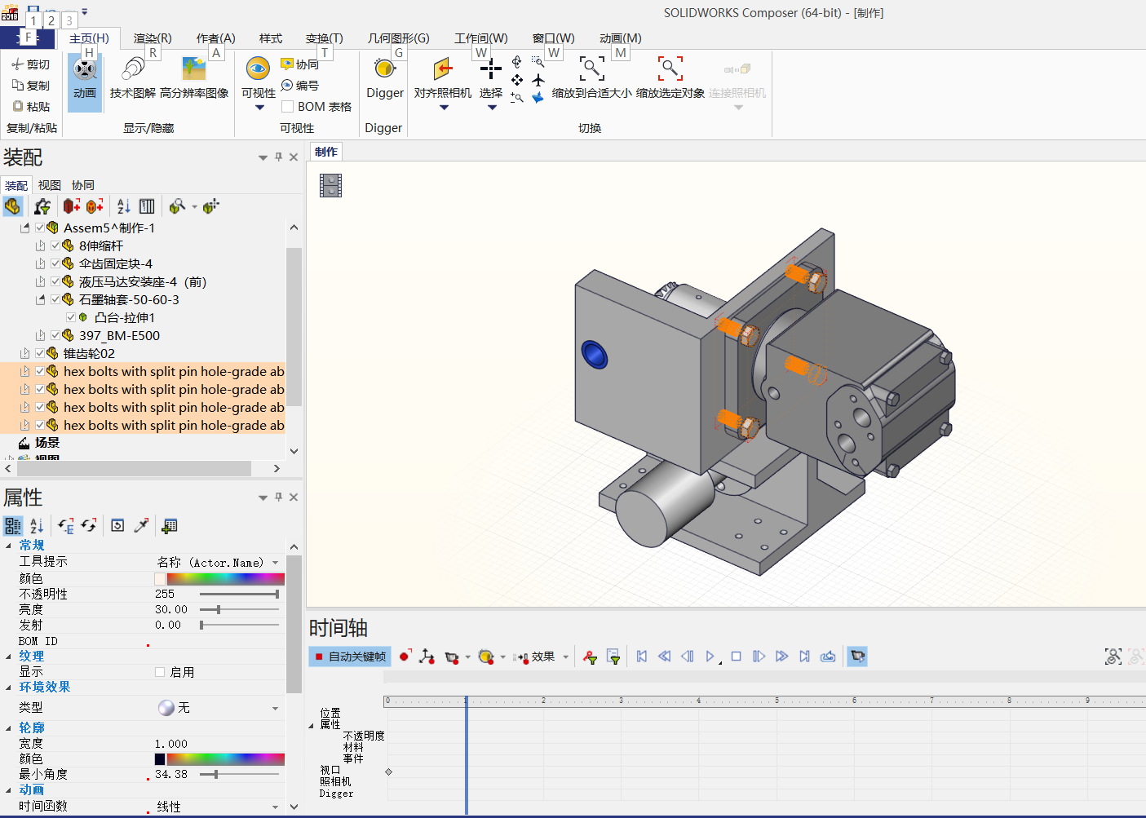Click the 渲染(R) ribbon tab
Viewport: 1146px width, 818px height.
(x=153, y=38)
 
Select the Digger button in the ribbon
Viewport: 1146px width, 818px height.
(x=384, y=79)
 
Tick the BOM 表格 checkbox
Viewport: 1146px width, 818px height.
(x=288, y=107)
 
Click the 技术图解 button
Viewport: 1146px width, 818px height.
(x=132, y=79)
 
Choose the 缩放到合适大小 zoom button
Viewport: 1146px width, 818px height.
(x=591, y=79)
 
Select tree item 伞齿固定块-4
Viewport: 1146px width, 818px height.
(x=115, y=263)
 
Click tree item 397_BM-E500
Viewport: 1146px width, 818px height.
(x=119, y=335)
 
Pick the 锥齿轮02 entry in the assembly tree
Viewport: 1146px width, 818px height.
(x=89, y=353)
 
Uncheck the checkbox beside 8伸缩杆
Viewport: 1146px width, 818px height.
(x=55, y=245)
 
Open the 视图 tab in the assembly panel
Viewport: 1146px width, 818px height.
(x=50, y=185)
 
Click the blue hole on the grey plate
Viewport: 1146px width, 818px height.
(x=594, y=355)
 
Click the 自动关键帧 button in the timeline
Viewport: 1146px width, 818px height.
(x=350, y=657)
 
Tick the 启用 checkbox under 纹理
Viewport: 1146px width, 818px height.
(x=160, y=672)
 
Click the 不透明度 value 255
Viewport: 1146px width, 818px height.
(x=165, y=594)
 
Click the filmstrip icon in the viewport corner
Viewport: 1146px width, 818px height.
(x=330, y=185)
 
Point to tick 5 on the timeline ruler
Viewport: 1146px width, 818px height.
(x=777, y=701)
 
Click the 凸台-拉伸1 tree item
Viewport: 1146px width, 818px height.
(x=124, y=317)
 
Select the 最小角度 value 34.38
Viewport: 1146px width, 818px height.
(x=171, y=774)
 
